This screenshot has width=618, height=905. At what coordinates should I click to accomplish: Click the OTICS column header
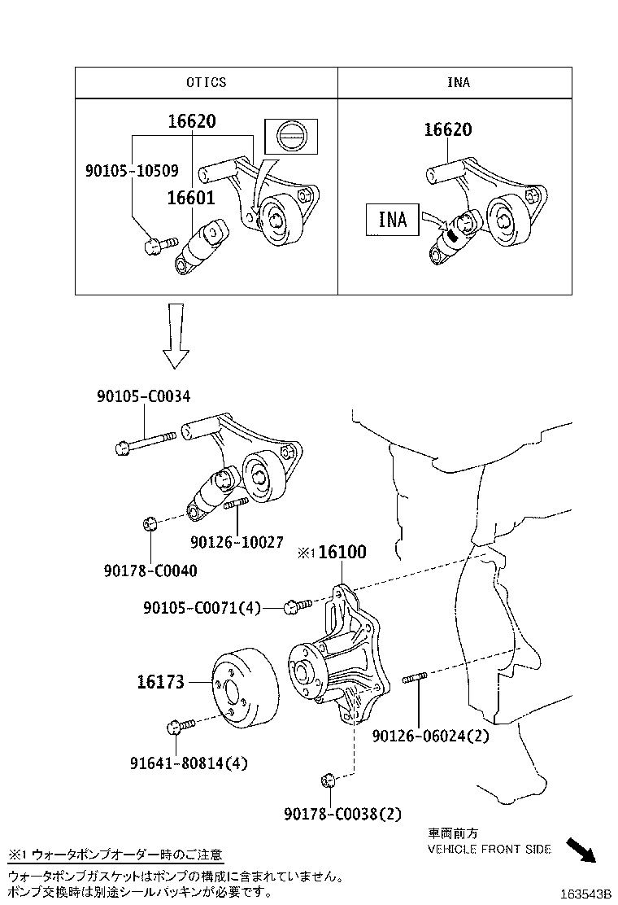point(206,82)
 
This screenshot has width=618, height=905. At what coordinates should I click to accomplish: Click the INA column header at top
point(458,82)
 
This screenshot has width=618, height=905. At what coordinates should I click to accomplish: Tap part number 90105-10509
point(131,172)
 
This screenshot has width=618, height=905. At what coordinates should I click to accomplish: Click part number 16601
point(191,198)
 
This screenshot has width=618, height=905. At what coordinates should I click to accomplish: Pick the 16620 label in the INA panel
point(447,130)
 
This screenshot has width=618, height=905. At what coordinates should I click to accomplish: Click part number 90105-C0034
point(143,396)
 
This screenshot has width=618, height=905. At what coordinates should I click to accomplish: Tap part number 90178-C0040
point(150,571)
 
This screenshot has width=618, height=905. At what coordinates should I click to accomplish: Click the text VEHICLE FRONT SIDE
point(490,849)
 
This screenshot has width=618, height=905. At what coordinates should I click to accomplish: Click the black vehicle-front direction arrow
point(581,850)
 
